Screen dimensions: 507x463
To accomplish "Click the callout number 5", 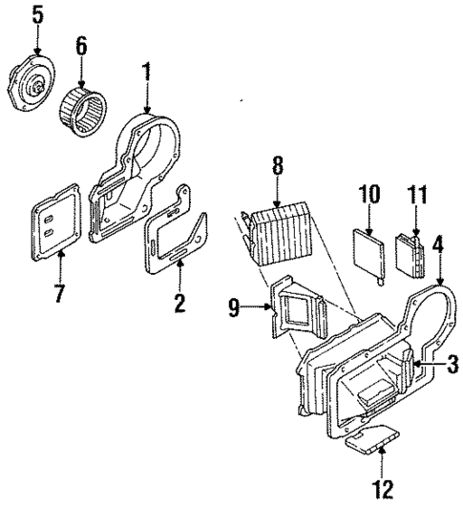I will click(37, 15).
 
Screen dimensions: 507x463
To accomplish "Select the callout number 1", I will click(147, 70).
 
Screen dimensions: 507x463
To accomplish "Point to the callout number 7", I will click(59, 291).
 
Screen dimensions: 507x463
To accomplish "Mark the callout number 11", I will click(412, 196).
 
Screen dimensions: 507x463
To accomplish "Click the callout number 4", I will click(438, 243).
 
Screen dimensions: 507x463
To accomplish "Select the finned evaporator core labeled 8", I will click(278, 234).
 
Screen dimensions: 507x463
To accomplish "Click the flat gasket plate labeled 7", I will click(55, 228).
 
